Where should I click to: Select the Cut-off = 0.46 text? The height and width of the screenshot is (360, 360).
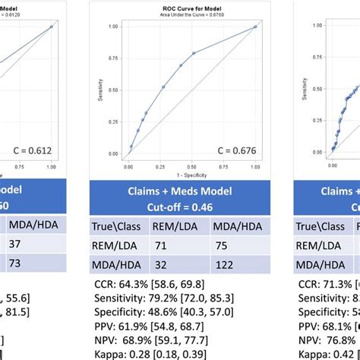pyautogui.click(x=179, y=206)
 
